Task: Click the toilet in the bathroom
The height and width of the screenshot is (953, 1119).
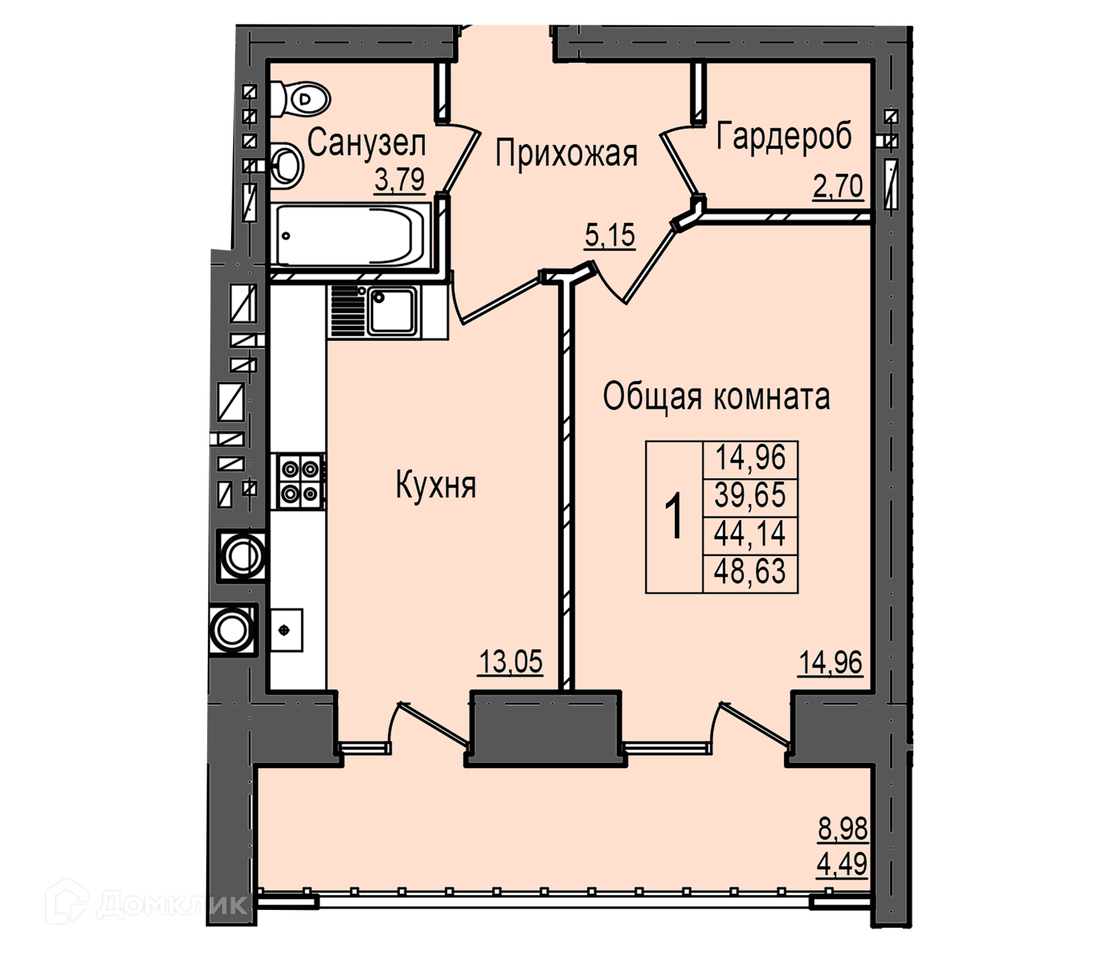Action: [x=300, y=100]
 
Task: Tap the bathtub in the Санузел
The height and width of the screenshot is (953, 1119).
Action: [x=352, y=235]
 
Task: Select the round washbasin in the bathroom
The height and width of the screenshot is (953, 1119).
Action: [x=288, y=167]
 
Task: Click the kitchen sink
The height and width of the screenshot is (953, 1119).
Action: [x=387, y=311]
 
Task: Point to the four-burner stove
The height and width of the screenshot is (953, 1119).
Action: [x=298, y=481]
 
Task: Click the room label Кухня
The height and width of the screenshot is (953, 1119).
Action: [x=437, y=485]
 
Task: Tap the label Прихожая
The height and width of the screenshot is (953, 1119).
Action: [x=567, y=154]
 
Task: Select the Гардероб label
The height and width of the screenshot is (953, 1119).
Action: [x=784, y=136]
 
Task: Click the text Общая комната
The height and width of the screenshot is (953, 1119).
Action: [x=716, y=398]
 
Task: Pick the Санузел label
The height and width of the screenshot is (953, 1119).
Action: [x=367, y=144]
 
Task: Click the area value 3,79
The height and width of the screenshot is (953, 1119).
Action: [x=400, y=180]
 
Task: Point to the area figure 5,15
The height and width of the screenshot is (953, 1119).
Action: [x=609, y=235]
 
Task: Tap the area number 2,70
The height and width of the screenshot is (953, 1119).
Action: [x=837, y=187]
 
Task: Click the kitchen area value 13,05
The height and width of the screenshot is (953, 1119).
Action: [x=510, y=662]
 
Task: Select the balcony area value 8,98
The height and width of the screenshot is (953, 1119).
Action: [x=843, y=829]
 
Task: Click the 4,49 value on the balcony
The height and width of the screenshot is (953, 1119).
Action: [x=843, y=864]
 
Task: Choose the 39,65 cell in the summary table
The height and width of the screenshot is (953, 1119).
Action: [x=749, y=494]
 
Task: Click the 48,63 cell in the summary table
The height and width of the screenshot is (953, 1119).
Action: [x=749, y=573]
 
